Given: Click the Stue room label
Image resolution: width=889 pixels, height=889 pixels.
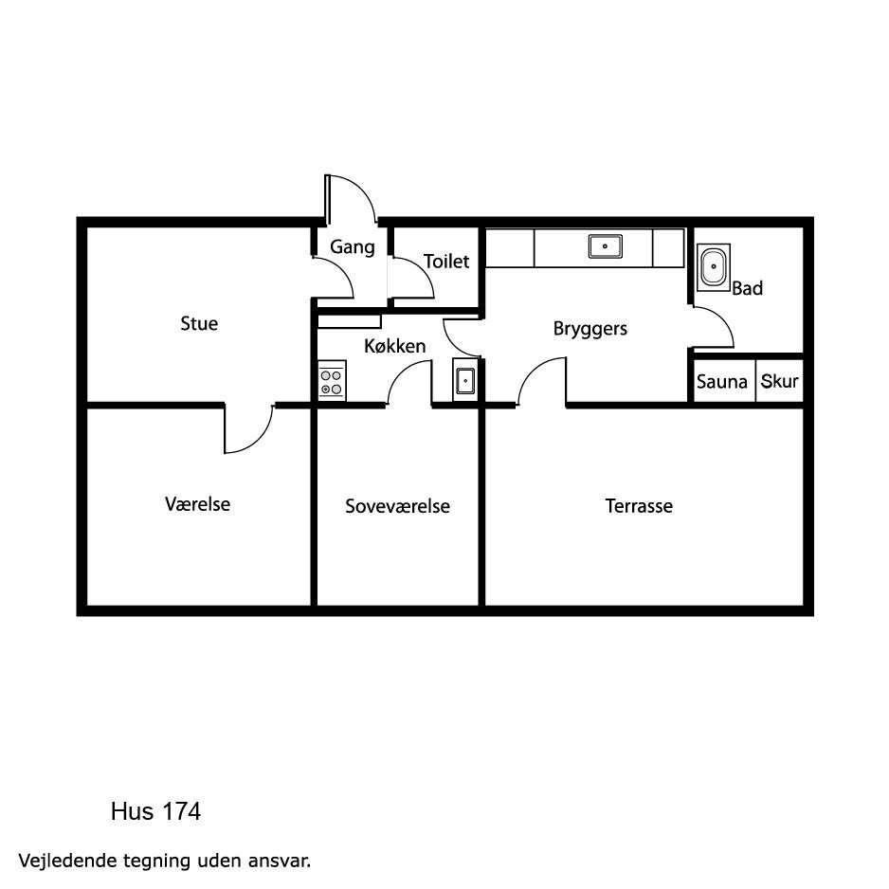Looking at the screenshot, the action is [199, 324].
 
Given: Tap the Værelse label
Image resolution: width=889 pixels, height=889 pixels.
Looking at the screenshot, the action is [198, 504].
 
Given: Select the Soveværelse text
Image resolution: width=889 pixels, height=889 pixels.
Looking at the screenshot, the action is [397, 506].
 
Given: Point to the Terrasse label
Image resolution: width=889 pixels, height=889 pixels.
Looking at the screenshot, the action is [639, 506].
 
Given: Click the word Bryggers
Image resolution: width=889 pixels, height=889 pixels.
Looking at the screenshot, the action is [590, 330].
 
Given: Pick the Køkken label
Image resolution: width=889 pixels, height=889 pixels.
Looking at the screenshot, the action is [394, 346].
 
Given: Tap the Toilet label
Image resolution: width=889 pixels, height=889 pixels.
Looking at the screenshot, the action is [446, 262].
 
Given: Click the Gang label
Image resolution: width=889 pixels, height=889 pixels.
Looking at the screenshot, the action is [353, 247].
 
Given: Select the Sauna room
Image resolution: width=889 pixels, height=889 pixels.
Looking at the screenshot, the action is [722, 382].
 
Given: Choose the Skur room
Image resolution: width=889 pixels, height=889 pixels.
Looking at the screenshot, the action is [780, 382].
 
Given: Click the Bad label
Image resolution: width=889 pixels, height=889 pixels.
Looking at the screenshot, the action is [747, 288].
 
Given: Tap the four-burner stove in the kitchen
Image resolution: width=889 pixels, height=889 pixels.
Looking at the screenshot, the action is [332, 380].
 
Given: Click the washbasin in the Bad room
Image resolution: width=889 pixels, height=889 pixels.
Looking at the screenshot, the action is [714, 267].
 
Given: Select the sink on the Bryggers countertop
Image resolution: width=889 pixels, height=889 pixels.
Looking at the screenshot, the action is [605, 246].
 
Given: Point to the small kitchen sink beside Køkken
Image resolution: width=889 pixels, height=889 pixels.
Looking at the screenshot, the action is [465, 380].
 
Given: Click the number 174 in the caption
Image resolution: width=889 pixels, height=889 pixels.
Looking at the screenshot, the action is [181, 811].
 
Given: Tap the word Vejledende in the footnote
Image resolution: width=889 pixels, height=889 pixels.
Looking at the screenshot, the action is [68, 861].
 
